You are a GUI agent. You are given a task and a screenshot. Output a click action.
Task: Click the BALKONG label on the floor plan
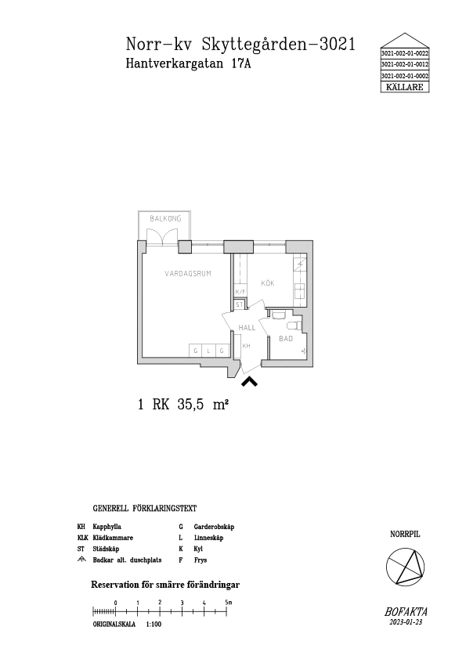pos(166,218)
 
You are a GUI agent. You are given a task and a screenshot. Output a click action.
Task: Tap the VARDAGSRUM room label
pos(188,274)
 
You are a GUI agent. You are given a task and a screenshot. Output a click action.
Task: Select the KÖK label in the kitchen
pos(268,283)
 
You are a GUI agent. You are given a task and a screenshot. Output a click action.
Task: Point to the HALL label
pos(247,328)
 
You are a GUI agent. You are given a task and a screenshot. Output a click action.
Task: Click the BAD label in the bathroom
pos(286,338)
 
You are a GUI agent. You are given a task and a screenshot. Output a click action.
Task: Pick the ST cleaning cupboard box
pos(240,304)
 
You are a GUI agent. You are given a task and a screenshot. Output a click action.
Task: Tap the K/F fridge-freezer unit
pos(240,292)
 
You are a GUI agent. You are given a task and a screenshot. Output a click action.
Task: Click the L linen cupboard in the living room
pos(208,351)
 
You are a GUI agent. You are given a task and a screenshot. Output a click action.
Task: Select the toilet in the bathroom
pos(294,326)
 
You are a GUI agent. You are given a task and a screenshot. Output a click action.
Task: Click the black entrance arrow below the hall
pos(249,381)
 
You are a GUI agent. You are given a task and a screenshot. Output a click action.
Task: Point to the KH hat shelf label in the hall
pos(247,346)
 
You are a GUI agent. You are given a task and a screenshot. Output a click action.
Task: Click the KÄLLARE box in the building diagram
pos(405,87)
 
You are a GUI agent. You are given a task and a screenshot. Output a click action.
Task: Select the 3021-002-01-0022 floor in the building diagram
pos(405,53)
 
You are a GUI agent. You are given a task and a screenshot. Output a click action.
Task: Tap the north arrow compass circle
pos(406,567)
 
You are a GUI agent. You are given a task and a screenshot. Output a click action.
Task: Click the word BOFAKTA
pos(406,612)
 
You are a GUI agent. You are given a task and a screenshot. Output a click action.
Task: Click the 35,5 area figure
pos(190,405)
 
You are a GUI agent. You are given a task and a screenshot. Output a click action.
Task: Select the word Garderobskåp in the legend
pos(214,527)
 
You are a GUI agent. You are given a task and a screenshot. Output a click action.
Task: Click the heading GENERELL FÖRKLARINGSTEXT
pos(145,509)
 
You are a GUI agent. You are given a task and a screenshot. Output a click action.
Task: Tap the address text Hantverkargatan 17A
pos(189,63)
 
